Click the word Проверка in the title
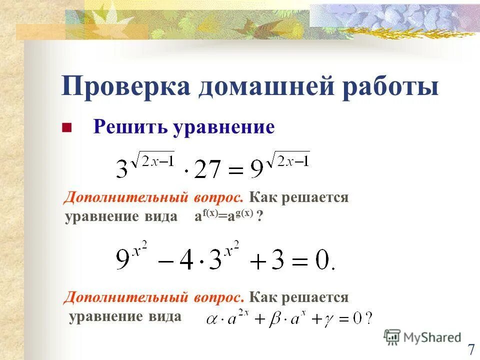[x=125, y=86]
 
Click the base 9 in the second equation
[x=123, y=261]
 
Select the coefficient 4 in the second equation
[x=186, y=261]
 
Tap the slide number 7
[x=470, y=349]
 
